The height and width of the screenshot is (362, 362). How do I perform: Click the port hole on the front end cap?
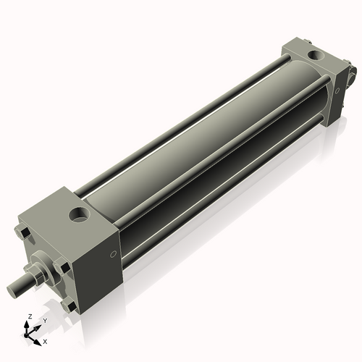pos(77,214)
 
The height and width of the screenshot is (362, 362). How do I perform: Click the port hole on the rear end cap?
pos(316,55)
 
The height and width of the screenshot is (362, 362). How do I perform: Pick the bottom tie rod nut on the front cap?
pos(70,307)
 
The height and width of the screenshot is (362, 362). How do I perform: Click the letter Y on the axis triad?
pos(44,319)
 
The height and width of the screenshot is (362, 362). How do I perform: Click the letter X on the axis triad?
pos(46,340)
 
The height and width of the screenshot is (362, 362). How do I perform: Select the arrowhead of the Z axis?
pos(28,324)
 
